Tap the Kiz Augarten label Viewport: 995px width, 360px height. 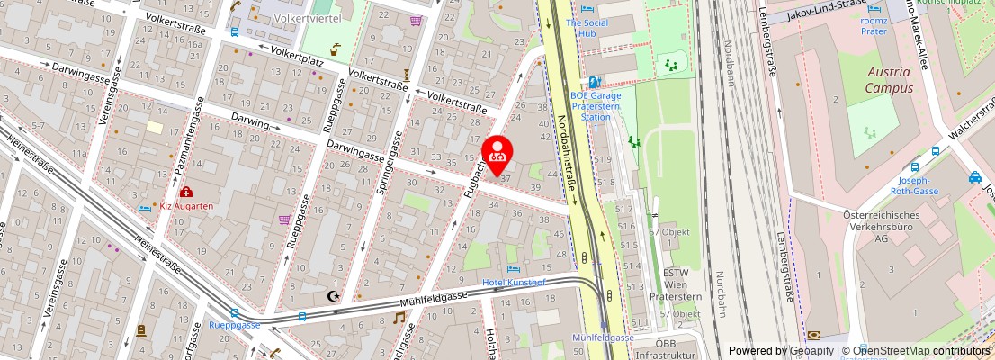[186, 206]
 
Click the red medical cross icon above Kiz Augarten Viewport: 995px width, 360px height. [186, 192]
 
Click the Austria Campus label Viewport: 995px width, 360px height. [889, 80]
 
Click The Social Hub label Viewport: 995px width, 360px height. [588, 28]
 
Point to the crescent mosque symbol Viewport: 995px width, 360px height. [334, 295]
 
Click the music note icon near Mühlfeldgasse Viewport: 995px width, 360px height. [399, 318]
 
